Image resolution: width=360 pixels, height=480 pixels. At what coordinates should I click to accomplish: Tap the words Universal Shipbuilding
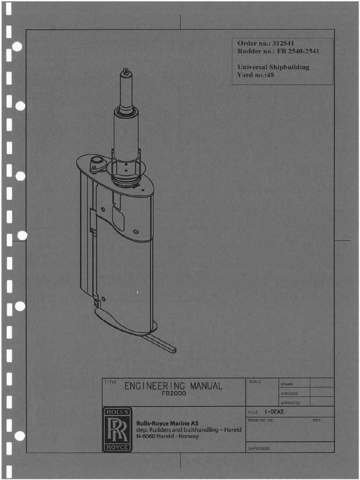273,67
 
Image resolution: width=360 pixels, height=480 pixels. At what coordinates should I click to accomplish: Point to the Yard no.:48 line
256,75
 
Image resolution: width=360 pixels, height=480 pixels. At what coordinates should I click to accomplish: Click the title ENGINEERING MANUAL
173,386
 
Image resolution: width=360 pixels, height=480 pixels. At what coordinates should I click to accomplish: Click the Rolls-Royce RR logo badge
117,429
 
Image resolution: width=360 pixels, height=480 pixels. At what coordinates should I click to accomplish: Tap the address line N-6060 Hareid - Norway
167,436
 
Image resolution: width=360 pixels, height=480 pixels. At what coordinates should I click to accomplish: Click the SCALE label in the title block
255,382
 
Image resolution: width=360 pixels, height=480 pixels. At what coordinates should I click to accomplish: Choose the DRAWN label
287,384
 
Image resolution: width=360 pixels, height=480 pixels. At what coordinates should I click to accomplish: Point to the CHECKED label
289,394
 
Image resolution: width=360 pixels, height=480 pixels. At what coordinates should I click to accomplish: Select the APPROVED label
291,403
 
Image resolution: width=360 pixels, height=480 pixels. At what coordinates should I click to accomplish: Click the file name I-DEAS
274,412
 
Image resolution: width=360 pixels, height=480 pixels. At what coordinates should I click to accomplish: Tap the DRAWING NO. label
261,420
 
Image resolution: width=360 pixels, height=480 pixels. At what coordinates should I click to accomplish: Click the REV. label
318,420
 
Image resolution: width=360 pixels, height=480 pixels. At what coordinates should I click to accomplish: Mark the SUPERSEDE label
259,449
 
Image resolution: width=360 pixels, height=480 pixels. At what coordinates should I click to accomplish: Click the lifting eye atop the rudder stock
126,72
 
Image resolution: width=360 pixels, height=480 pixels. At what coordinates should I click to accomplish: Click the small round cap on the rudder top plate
97,161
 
